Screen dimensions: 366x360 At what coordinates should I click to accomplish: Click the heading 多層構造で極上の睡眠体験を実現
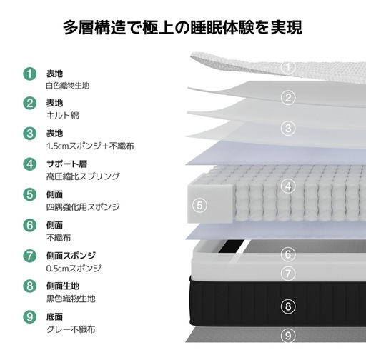click(183, 28)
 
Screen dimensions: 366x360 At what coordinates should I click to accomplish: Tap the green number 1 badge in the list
click(30, 74)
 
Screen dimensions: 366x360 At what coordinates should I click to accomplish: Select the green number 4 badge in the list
click(30, 164)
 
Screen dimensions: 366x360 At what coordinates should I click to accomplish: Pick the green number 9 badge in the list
click(30, 316)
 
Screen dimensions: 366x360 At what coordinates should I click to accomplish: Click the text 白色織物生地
click(68, 85)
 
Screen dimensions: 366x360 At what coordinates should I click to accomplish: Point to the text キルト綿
click(63, 115)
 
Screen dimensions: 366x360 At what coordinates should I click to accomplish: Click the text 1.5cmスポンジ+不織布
click(90, 146)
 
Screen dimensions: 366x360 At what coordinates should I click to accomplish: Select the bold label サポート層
click(66, 164)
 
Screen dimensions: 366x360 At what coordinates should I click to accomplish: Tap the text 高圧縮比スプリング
click(83, 176)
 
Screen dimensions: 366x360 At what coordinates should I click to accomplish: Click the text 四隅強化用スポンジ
click(83, 206)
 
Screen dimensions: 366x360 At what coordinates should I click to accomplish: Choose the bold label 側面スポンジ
click(71, 256)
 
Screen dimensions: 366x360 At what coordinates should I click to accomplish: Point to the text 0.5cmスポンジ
click(74, 269)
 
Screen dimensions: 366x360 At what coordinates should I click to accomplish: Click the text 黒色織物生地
click(71, 299)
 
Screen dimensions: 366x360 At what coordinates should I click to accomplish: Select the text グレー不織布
click(71, 329)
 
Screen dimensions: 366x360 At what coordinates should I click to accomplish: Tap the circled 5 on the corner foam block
click(199, 205)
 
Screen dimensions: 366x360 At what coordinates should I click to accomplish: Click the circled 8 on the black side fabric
click(288, 306)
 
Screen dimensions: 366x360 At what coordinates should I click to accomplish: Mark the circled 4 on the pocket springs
click(288, 186)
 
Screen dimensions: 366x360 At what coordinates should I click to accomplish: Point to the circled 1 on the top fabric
click(288, 67)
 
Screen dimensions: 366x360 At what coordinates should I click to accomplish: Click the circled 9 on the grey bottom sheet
click(288, 336)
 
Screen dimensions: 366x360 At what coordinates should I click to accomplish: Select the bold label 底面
click(54, 316)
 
